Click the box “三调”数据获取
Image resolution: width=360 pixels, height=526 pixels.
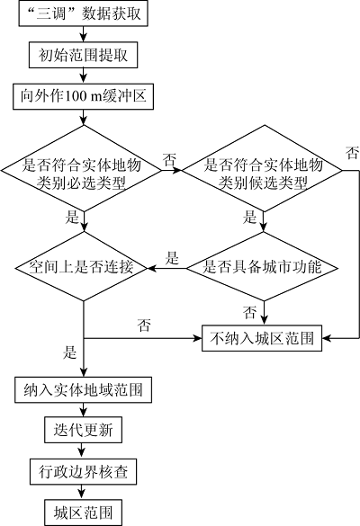[84, 13]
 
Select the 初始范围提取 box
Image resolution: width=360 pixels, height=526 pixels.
[84, 55]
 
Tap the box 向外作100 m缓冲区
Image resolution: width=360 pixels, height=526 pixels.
[84, 96]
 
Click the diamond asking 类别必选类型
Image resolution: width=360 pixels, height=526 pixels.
[82, 169]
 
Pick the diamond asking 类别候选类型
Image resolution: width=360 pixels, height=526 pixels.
[264, 169]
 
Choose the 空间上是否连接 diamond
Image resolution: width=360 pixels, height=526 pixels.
[83, 267]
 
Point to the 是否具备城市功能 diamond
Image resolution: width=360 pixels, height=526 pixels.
[262, 267]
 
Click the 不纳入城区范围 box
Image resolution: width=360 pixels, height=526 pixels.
[262, 338]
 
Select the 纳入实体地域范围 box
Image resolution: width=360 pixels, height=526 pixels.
[84, 390]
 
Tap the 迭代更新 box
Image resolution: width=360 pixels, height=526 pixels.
[84, 430]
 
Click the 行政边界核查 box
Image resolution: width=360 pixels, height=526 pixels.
[84, 472]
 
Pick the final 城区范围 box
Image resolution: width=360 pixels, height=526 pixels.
[84, 513]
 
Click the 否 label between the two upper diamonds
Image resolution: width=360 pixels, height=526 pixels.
[169, 160]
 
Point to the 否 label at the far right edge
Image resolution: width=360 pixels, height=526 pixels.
[352, 153]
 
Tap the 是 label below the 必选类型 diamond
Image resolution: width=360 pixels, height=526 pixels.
[72, 217]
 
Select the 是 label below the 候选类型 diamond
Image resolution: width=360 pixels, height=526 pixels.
[249, 217]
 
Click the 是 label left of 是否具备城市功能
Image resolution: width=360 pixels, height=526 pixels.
[172, 258]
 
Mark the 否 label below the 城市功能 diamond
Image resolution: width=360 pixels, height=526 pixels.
[249, 312]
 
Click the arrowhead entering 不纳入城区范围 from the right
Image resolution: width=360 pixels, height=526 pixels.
[326, 338]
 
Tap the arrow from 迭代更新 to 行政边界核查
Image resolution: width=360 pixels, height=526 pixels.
[81, 450]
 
